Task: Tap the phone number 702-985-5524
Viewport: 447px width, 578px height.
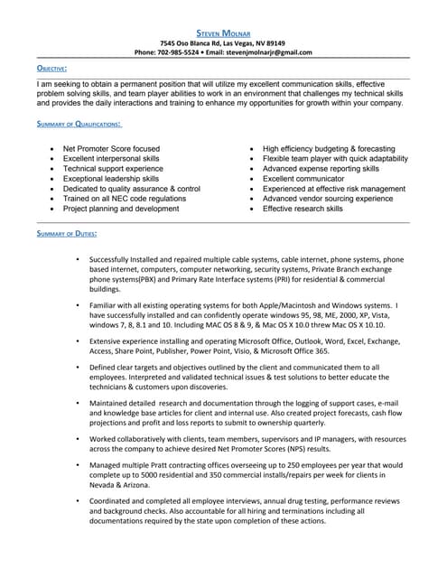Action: pos(182,52)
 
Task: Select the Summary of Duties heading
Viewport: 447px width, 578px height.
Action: pos(67,234)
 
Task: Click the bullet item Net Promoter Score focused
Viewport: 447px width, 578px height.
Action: pos(111,149)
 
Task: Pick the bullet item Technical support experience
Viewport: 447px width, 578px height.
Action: pos(113,169)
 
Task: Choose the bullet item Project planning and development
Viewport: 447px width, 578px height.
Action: pos(121,209)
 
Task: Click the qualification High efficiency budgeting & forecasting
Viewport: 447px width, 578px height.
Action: pos(329,149)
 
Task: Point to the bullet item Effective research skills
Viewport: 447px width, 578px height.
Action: pos(303,209)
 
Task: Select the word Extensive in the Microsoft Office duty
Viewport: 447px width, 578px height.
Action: pos(107,341)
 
